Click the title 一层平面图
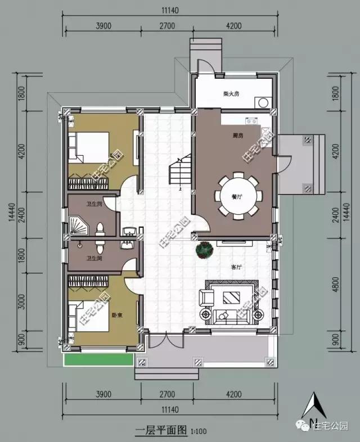161,431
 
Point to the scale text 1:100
198,432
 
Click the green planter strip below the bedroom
99,359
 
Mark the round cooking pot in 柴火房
262,103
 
